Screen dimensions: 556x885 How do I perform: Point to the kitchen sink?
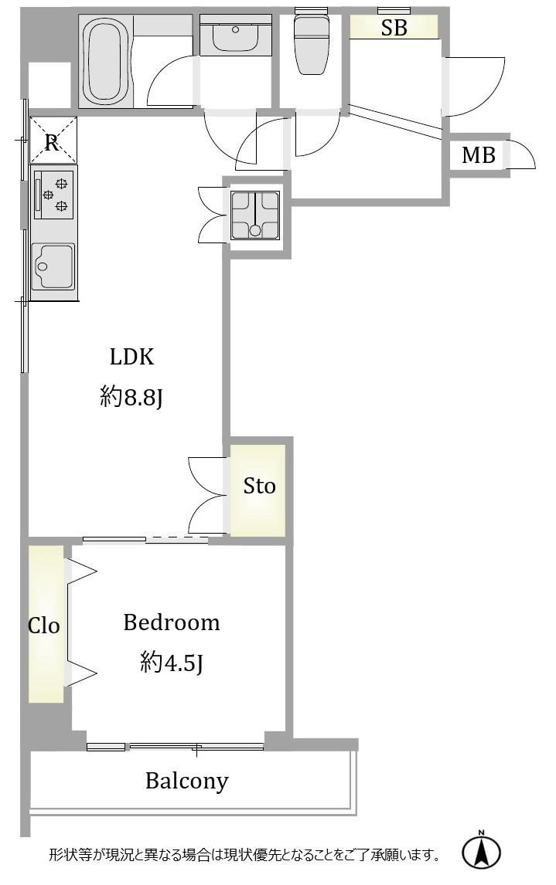point(53,266)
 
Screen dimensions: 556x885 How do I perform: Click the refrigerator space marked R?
point(52,141)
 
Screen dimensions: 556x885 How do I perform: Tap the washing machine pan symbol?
point(255,215)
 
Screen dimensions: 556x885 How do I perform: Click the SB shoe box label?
point(394,28)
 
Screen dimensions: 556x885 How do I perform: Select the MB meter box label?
point(479,154)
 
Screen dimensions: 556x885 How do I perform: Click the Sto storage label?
point(259,486)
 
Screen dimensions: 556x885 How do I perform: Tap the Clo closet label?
point(44,626)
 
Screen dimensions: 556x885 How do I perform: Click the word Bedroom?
point(171,622)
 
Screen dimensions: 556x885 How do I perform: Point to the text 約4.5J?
point(171,662)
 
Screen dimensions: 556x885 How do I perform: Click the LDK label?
point(131,357)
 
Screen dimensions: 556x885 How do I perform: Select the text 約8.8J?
point(131,398)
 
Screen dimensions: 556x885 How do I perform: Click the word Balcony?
point(187,782)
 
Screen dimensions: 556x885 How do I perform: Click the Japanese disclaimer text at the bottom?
point(244,855)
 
